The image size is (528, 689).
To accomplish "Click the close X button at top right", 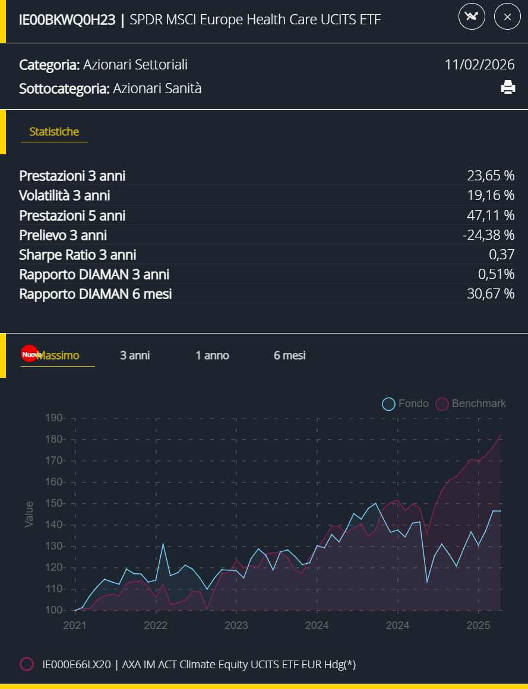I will click(507, 17).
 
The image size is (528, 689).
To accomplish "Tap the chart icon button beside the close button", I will click(472, 17).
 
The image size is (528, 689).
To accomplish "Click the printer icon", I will click(508, 88).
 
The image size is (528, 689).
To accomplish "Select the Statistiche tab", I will click(54, 132).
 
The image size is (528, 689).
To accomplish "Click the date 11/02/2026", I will click(479, 65).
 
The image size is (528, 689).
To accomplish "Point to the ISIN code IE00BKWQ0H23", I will click(67, 20).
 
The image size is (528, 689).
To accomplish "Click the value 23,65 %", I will click(491, 176).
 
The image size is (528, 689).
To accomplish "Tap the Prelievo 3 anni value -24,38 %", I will click(488, 235).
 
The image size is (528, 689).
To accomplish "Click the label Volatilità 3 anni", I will click(65, 195).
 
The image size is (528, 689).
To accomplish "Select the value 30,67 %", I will click(491, 294).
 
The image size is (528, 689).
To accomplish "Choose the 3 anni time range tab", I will click(135, 355).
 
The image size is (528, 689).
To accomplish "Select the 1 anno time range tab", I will click(212, 355).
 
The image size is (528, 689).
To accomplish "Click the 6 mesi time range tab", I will click(290, 355).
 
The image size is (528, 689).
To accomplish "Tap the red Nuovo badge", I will click(29, 354).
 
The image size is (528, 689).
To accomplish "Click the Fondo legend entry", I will click(406, 404).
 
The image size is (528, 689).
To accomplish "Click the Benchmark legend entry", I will click(472, 404).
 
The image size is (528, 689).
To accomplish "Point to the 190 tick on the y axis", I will click(53, 418).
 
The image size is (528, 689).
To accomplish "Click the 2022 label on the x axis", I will click(156, 625).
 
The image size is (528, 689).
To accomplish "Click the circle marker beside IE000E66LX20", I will click(27, 664).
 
